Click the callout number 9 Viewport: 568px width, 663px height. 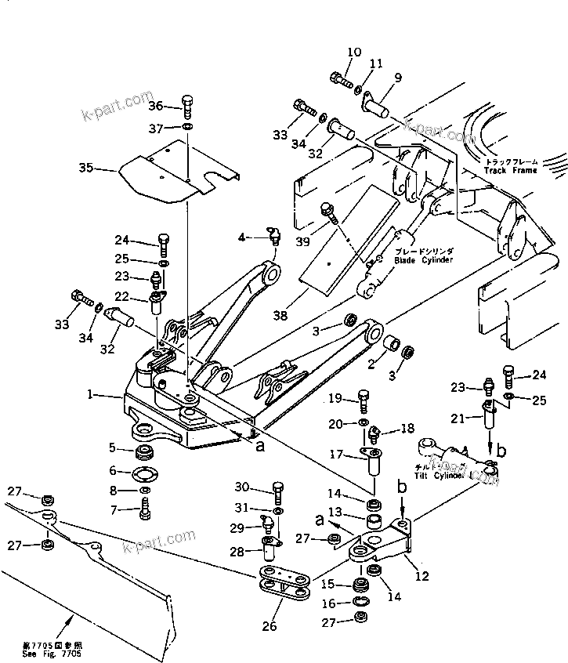click(x=398, y=77)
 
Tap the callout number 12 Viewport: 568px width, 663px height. click(x=422, y=577)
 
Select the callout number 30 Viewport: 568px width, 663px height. click(x=242, y=487)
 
